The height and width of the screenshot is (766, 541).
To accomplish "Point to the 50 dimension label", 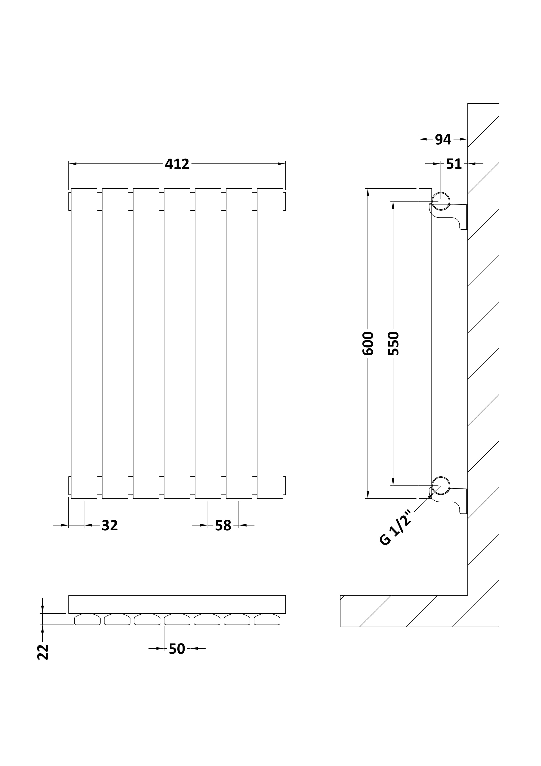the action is (177, 649).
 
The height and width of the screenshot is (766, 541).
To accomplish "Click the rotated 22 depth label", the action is (43, 652).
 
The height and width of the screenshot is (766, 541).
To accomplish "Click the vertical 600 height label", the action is (368, 343).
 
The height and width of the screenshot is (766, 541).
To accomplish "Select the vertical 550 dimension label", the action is (393, 343).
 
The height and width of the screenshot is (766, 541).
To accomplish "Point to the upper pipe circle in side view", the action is (441, 201).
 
